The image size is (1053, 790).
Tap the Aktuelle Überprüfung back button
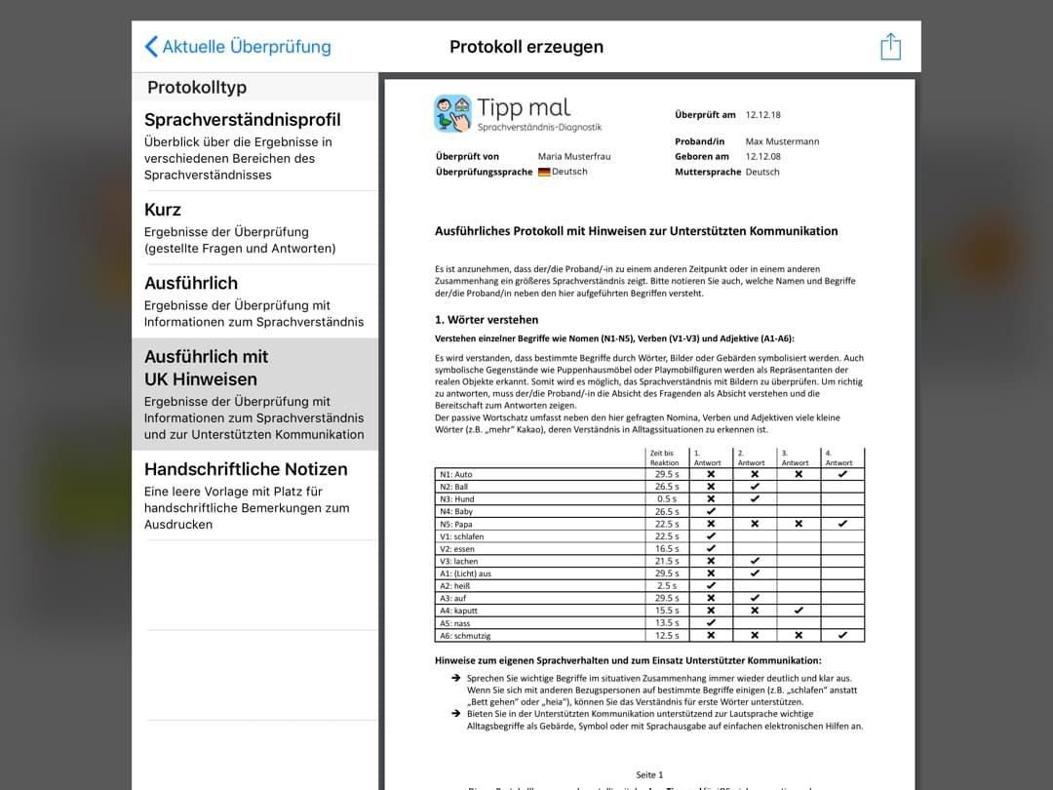[238, 47]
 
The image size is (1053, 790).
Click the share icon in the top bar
[890, 47]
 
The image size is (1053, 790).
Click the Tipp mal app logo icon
[452, 113]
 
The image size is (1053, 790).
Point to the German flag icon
[544, 172]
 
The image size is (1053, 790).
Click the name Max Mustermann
[782, 141]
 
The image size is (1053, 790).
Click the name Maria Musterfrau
[574, 156]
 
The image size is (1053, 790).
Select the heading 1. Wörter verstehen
[487, 319]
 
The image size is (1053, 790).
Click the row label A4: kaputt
[459, 611]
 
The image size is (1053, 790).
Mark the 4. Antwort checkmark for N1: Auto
[842, 474]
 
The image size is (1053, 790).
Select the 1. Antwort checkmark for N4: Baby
[711, 511]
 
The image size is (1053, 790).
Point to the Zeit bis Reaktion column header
[664, 457]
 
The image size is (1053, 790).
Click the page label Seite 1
[649, 774]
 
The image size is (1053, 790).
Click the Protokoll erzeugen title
[526, 47]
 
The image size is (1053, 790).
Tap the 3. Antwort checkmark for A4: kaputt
[799, 611]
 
